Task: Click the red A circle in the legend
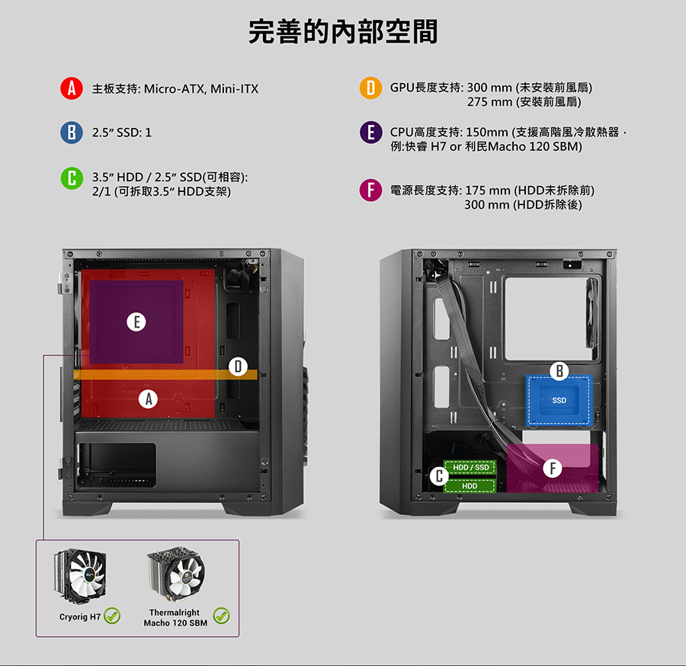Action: tap(72, 88)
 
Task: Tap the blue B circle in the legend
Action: tap(72, 133)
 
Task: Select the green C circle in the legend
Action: tap(72, 178)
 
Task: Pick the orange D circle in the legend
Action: tap(370, 88)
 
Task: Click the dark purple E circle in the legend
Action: tap(371, 133)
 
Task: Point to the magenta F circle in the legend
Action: tap(370, 191)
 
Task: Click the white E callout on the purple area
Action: tap(136, 322)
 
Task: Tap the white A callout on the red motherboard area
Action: tap(149, 399)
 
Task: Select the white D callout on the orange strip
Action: tap(238, 367)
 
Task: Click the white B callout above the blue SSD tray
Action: tap(559, 371)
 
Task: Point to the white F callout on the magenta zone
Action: tap(553, 469)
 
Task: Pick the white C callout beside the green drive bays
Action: tap(439, 476)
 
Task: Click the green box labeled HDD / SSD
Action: tap(470, 467)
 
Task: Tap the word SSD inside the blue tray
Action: tap(559, 401)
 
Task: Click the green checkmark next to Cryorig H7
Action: tap(113, 616)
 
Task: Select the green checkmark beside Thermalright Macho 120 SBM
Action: tap(221, 616)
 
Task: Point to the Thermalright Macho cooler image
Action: tap(176, 574)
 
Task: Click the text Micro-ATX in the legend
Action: tap(174, 89)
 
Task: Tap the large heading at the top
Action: tap(343, 31)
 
